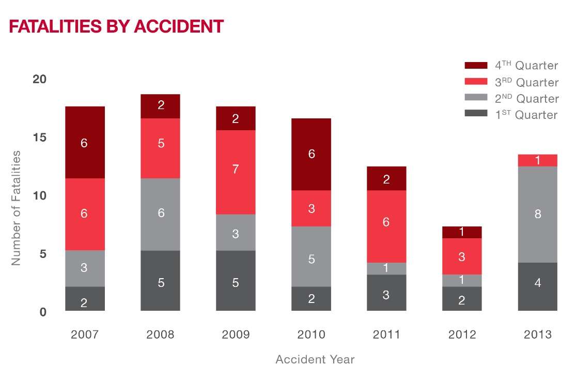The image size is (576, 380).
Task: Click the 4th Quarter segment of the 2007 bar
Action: click(85, 142)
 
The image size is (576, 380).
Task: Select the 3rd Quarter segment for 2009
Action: click(236, 172)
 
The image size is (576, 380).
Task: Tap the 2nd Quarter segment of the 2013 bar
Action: click(537, 214)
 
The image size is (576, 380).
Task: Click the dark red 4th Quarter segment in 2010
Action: click(311, 154)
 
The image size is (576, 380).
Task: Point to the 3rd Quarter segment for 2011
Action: click(386, 226)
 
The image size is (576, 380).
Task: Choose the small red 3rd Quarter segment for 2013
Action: click(537, 160)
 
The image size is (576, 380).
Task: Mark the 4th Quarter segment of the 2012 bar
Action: click(462, 232)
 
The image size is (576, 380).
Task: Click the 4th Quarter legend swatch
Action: click(476, 66)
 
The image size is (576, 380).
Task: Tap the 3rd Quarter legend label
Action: click(526, 82)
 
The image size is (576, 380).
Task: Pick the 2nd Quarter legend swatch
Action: click(476, 98)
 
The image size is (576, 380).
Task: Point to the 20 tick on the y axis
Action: click(39, 79)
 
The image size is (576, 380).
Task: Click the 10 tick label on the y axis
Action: click(39, 195)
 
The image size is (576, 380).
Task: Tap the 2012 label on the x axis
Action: click(462, 335)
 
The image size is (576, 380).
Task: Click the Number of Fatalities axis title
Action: click(17, 208)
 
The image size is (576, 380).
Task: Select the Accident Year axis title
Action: click(315, 359)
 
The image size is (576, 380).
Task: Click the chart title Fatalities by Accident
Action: click(116, 26)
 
